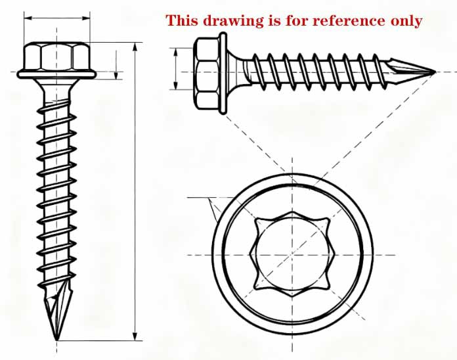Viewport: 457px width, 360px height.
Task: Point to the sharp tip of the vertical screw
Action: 56,340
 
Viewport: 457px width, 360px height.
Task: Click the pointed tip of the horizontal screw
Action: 435,72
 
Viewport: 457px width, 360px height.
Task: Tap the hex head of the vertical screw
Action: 57,56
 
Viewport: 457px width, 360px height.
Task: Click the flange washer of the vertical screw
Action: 56,74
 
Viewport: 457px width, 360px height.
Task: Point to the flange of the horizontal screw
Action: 223,73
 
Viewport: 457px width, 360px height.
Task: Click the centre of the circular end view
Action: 292,255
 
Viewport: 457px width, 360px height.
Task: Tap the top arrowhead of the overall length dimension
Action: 135,47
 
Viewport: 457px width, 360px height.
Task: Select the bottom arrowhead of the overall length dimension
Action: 135,336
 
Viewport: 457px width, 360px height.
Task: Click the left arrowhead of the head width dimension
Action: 28,18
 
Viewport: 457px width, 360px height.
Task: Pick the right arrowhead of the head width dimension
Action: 86,18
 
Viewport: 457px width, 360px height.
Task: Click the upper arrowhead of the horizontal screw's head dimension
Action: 175,52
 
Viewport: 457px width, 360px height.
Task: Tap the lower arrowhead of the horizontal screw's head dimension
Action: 175,85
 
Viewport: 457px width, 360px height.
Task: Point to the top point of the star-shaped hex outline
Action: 292,212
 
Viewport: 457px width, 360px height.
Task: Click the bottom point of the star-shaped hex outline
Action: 292,297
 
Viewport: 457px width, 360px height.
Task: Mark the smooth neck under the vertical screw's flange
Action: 56,91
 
